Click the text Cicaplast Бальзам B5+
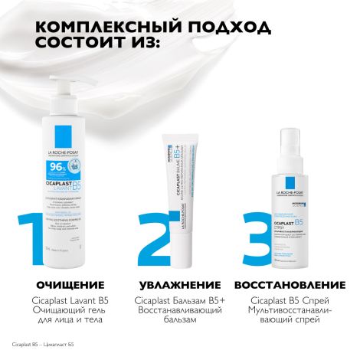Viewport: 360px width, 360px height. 178,299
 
